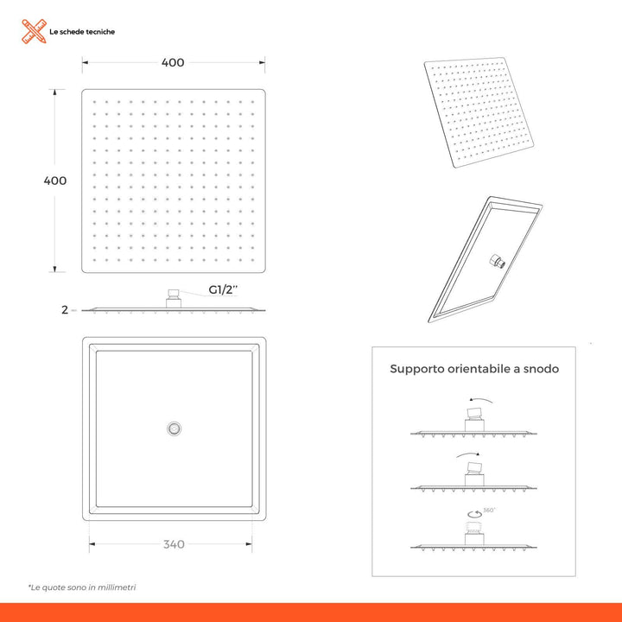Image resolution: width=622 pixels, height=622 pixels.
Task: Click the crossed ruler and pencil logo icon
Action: [x=33, y=32]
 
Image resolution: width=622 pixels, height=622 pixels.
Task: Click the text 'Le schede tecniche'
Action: [x=81, y=32]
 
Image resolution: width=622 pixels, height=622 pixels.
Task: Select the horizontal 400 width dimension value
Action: [x=173, y=62]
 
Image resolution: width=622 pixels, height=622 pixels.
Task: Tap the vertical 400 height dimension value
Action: [x=55, y=181]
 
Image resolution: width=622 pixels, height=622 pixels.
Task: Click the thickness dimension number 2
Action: [x=65, y=310]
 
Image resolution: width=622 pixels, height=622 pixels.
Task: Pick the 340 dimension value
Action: [x=173, y=544]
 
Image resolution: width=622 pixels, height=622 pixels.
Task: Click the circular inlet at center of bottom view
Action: [x=174, y=427]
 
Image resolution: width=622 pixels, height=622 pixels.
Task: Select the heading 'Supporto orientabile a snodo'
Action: [x=474, y=369]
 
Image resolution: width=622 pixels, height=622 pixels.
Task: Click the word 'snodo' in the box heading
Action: [x=542, y=369]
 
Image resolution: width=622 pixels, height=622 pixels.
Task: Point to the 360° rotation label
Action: [x=490, y=511]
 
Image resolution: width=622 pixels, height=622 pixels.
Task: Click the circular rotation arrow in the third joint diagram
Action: [x=474, y=516]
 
